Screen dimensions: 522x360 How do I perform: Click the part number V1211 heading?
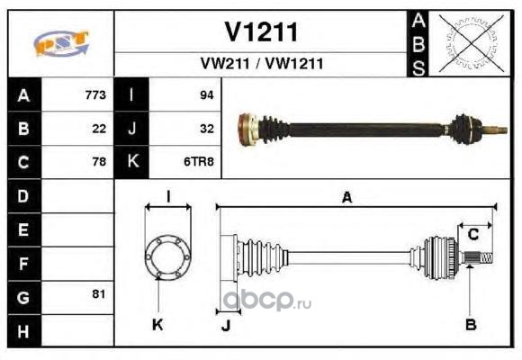click(x=261, y=32)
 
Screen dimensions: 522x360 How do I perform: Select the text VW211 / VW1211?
click(x=262, y=63)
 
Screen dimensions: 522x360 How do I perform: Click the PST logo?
click(x=61, y=43)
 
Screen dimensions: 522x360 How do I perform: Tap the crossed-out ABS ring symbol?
click(x=471, y=43)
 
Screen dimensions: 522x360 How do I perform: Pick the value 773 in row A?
click(x=95, y=94)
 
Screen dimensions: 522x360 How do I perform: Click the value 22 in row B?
click(x=99, y=129)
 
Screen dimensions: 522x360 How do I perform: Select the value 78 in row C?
click(x=99, y=161)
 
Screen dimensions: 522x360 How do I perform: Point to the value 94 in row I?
click(x=207, y=94)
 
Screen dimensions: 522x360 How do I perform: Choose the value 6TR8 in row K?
click(x=199, y=161)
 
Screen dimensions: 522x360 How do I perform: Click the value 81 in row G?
click(x=99, y=293)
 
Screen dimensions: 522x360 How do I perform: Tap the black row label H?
click(x=24, y=331)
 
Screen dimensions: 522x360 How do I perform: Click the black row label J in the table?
click(x=131, y=129)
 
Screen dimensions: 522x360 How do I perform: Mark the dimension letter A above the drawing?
click(x=346, y=197)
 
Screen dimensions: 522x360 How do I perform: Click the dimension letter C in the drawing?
click(x=473, y=235)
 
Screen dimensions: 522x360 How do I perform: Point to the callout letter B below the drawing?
click(x=471, y=324)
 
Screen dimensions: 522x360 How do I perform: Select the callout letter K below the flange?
click(x=157, y=324)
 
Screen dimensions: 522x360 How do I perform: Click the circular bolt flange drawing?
click(x=168, y=256)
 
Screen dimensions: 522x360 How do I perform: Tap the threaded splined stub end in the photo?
click(x=495, y=130)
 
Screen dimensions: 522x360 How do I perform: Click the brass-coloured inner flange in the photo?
click(x=247, y=130)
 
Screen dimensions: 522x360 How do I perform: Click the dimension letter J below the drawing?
click(x=226, y=326)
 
